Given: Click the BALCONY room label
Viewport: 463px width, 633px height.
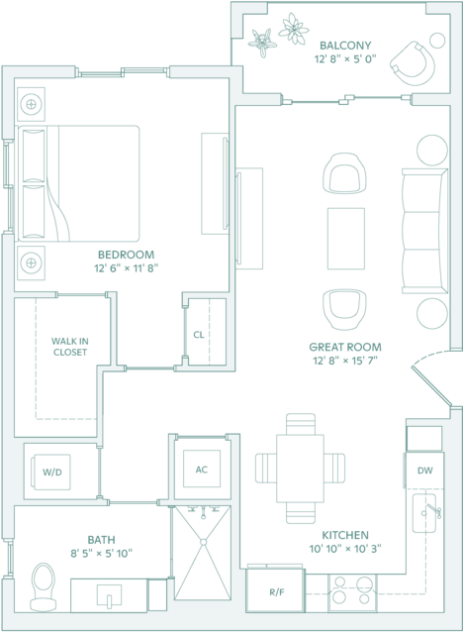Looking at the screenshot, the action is point(345,45).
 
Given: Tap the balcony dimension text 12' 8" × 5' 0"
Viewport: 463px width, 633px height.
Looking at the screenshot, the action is point(345,58).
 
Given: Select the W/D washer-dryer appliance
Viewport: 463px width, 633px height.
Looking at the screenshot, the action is point(52,473).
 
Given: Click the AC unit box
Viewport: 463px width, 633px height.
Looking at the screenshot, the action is point(202,469).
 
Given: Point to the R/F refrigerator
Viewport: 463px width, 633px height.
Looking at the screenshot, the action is point(275,592).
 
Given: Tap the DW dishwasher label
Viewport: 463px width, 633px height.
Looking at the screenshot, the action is point(425,471).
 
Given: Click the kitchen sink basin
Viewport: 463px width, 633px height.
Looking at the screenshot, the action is point(424,513).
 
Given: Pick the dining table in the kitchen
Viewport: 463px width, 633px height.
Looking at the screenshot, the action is point(300,468).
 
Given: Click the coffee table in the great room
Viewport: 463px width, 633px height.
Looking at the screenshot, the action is point(346,238).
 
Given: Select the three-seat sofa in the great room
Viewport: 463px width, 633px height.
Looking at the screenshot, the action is point(425,231).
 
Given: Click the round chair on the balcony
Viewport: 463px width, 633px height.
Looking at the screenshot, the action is point(413,63).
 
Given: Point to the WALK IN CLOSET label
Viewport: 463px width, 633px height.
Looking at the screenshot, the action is point(70,347).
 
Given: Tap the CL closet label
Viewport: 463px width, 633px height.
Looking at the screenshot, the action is point(199,335).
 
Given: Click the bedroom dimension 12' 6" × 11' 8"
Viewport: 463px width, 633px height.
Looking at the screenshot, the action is point(126,268).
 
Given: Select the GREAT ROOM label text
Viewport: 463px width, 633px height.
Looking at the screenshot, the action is point(345,347).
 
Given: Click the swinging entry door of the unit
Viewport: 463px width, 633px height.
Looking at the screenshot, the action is point(430,385).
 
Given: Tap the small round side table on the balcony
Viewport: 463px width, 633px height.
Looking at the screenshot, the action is point(437,41).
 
